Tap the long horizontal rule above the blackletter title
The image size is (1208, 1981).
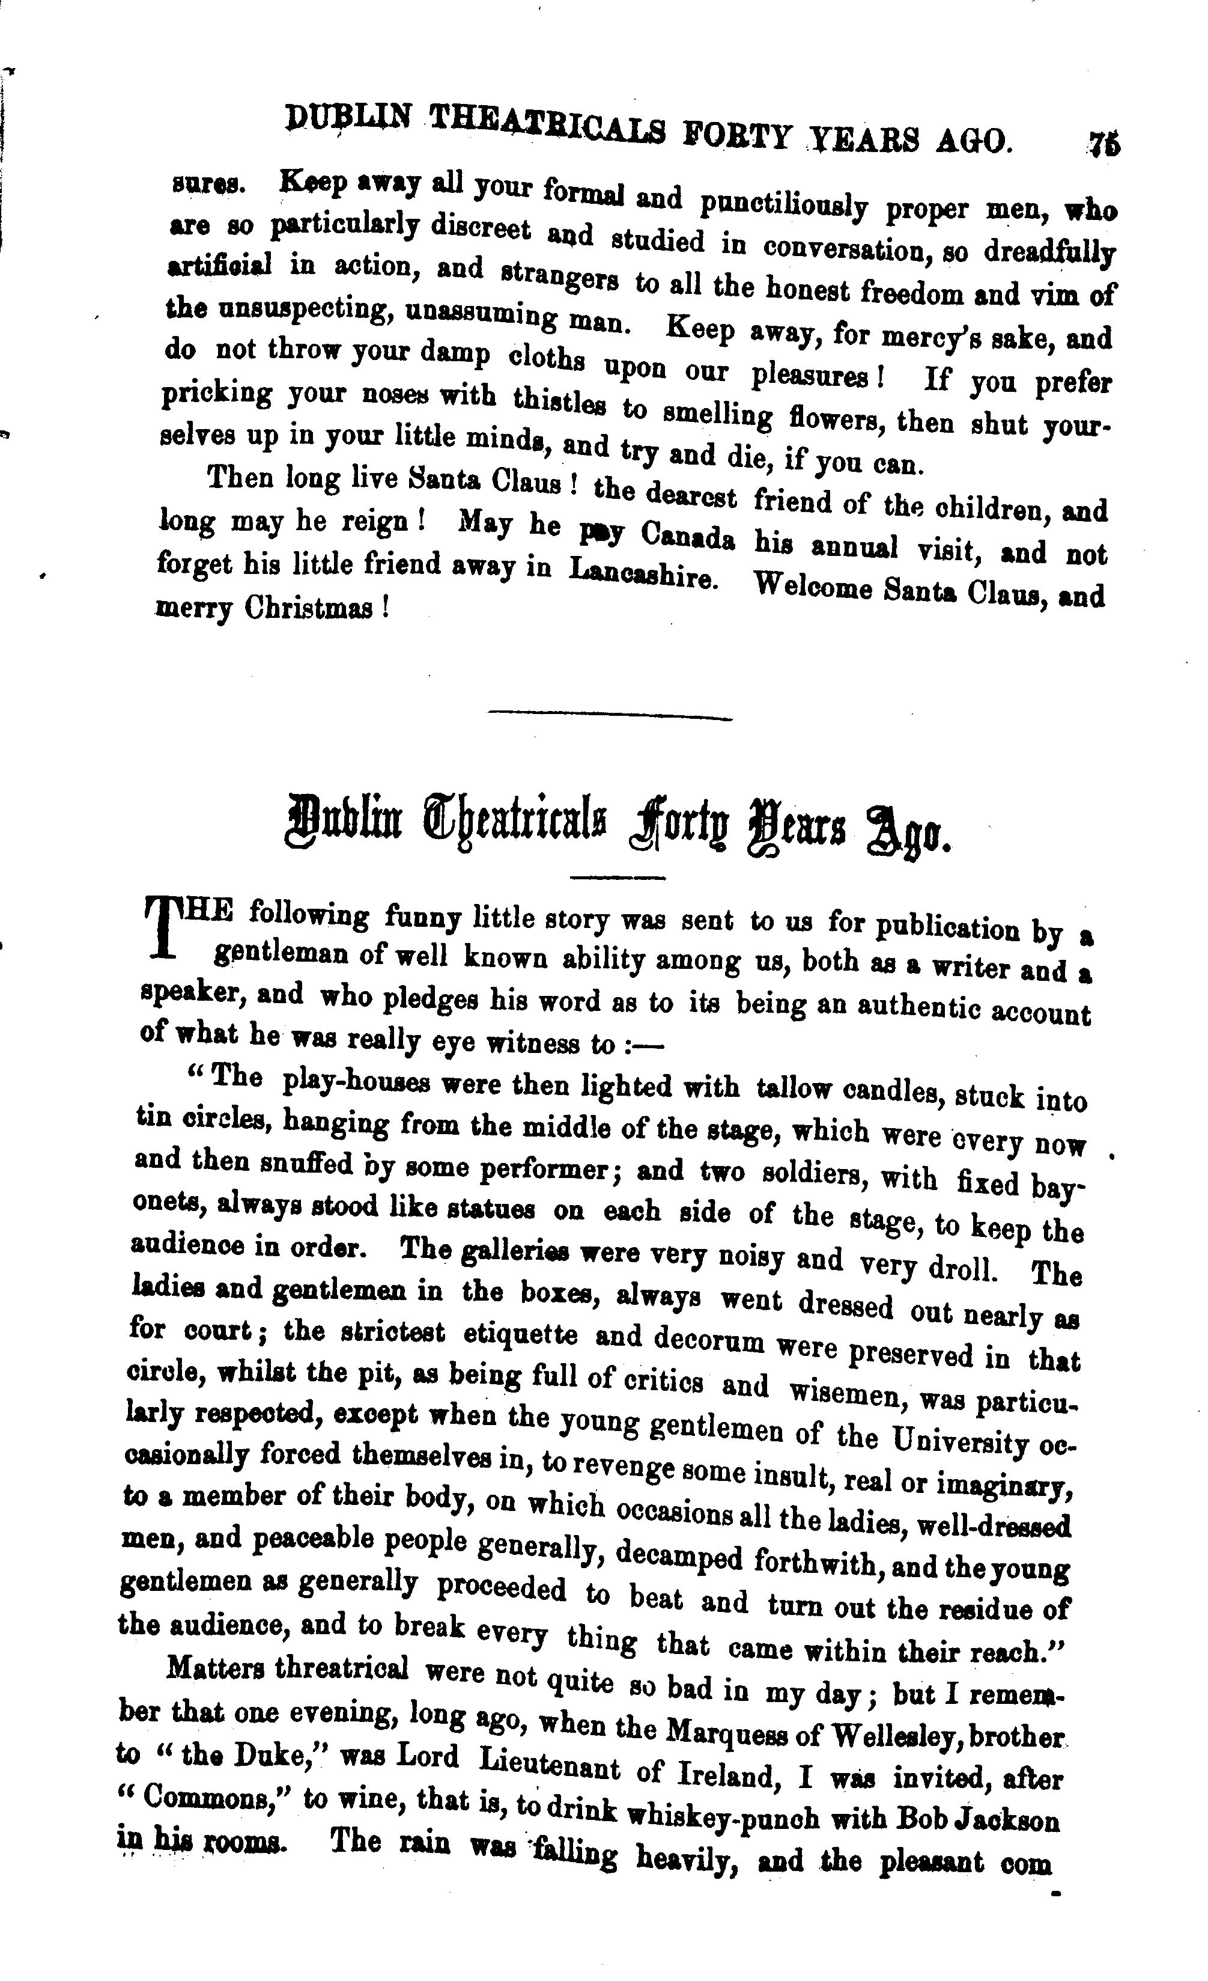[x=611, y=715]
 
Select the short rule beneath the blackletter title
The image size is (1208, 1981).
[x=618, y=876]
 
